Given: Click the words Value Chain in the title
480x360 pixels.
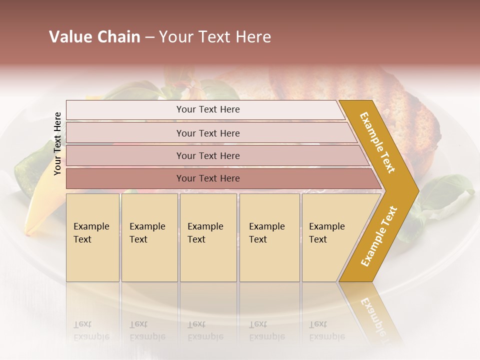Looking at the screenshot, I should point(94,37).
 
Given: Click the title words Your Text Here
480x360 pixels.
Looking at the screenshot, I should point(215,37).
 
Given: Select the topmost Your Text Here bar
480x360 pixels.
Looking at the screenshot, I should point(207,109).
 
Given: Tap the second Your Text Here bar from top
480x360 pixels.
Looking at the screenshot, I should point(207,133).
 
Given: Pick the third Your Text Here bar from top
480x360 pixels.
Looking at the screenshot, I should point(207,155).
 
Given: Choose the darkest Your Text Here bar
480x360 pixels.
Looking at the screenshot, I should point(207,178).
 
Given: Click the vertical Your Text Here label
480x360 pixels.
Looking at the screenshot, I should point(57,143).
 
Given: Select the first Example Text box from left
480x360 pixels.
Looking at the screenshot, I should point(92,237).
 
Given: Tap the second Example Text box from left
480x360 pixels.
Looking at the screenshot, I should point(149,237).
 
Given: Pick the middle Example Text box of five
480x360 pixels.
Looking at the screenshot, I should point(208,237).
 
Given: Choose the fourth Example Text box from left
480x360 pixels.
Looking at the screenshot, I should point(269,237).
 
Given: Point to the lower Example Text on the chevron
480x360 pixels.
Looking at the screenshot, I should point(378,236).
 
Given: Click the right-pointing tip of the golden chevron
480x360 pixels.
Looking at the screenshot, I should point(416,191).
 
